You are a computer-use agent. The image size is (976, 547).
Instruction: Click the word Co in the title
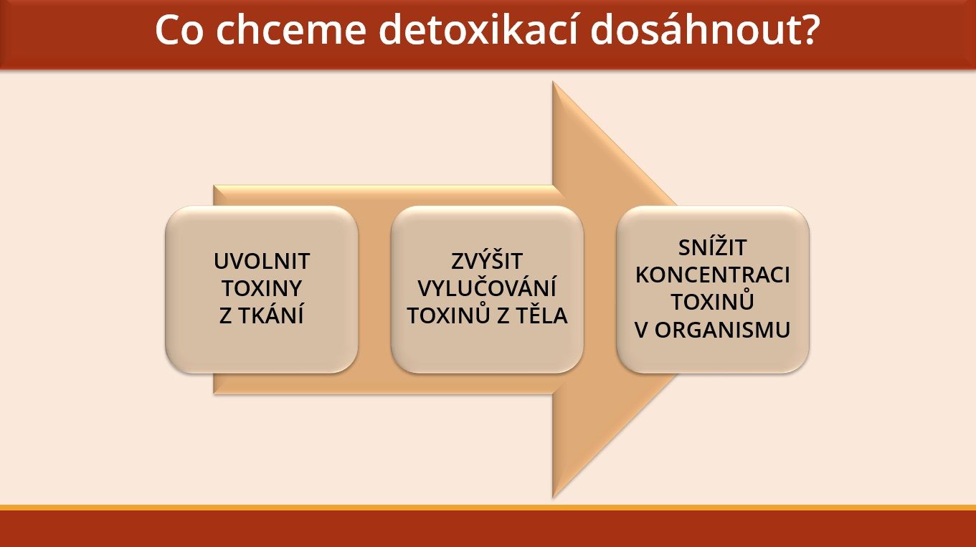[179, 30]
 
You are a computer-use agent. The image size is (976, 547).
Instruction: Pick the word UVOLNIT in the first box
[262, 261]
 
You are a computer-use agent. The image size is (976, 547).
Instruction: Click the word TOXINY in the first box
[262, 288]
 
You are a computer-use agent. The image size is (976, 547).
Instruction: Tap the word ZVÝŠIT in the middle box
[487, 260]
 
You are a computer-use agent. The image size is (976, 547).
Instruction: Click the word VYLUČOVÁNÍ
[487, 287]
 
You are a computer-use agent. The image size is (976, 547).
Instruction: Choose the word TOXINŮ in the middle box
[449, 315]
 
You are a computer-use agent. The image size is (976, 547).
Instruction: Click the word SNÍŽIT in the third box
[713, 247]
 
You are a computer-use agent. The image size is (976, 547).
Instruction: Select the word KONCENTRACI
[713, 275]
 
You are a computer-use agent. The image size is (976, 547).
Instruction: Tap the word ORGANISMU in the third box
[722, 330]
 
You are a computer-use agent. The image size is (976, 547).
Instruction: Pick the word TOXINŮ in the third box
[713, 301]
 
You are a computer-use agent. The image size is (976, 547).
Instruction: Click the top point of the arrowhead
[553, 82]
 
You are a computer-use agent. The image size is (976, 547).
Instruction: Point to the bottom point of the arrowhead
[553, 497]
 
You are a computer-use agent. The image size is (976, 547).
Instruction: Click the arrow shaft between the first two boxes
[374, 290]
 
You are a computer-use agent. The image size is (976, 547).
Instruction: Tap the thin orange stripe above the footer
[488, 508]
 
